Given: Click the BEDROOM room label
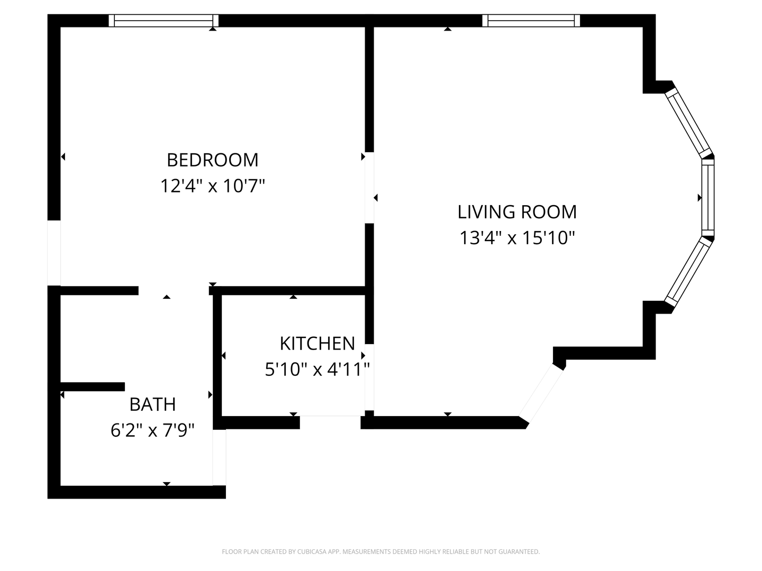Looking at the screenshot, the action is click(212, 160).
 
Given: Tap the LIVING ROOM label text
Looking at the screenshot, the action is click(517, 212).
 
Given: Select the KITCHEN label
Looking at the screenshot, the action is click(317, 344).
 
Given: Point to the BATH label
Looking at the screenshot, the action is click(152, 404).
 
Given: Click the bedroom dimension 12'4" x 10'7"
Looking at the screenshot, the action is click(212, 186).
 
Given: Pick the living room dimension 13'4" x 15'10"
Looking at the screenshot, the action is click(517, 238).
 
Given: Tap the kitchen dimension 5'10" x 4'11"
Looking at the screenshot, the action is click(317, 369).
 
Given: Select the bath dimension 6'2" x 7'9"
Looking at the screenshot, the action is click(152, 430).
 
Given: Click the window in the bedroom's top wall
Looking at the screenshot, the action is click(164, 21).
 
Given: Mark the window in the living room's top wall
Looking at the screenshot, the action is click(531, 21).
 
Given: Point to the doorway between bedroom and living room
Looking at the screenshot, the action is click(369, 188).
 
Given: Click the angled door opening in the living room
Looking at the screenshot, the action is click(540, 393).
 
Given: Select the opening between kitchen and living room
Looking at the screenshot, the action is click(369, 377).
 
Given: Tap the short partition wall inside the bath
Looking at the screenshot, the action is click(93, 386).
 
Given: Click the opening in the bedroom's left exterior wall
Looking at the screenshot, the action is click(54, 253).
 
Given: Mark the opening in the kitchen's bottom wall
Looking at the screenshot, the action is click(330, 422).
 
